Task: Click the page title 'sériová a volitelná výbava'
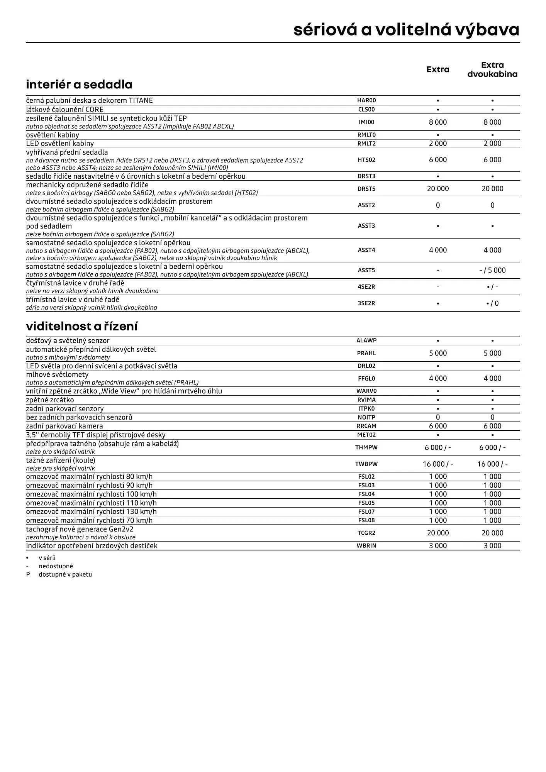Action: pyautogui.click(x=406, y=30)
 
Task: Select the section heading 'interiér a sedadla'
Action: pyautogui.click(x=79, y=85)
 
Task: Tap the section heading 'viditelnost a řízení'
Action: pyautogui.click(x=82, y=327)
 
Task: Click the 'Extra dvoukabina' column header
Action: pyautogui.click(x=492, y=69)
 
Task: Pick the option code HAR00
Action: pyautogui.click(x=366, y=100)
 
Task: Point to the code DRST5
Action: pyautogui.click(x=366, y=189)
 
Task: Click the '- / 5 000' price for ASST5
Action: pyautogui.click(x=492, y=270)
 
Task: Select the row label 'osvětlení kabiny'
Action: pyautogui.click(x=53, y=135)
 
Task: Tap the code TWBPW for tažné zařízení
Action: pyautogui.click(x=366, y=464)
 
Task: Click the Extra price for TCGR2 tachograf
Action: pyautogui.click(x=437, y=533)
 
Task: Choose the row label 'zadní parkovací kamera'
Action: pyautogui.click(x=64, y=426)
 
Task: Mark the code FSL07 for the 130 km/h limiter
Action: pyautogui.click(x=366, y=512)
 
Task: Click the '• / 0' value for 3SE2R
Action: pyautogui.click(x=492, y=303)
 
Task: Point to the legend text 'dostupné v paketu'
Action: pyautogui.click(x=65, y=574)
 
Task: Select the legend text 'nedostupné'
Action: pyautogui.click(x=56, y=566)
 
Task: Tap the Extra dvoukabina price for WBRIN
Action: pyautogui.click(x=492, y=546)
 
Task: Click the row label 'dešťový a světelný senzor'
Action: pyautogui.click(x=68, y=341)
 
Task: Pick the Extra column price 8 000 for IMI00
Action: pyautogui.click(x=437, y=122)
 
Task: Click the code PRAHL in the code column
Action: pyautogui.click(x=366, y=353)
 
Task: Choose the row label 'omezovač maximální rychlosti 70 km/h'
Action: pyautogui.click(x=89, y=520)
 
